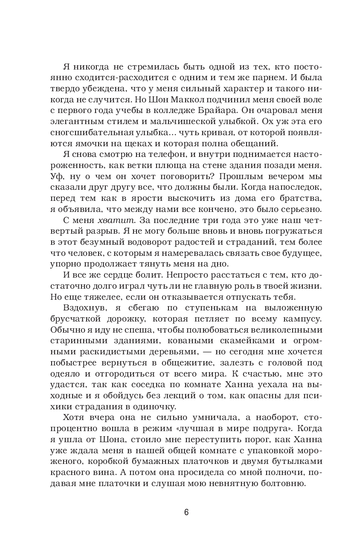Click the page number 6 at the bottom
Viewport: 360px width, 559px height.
[x=186, y=512]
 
